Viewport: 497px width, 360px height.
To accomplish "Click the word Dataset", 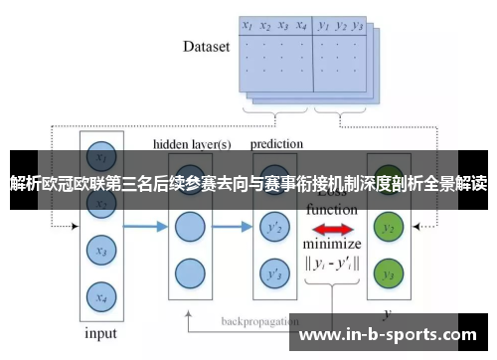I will coord(206,46).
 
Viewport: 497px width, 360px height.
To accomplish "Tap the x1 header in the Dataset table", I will coord(248,27).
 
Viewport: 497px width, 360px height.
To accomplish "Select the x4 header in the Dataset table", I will coord(301,27).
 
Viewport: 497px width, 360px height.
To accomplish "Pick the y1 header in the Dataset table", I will coord(324,27).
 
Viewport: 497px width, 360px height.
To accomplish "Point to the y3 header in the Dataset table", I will coord(358,27).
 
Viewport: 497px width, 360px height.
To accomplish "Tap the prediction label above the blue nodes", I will coord(276,143).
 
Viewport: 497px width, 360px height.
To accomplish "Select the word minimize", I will coord(331,244).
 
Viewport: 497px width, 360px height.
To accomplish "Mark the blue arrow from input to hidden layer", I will coord(144,228).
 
